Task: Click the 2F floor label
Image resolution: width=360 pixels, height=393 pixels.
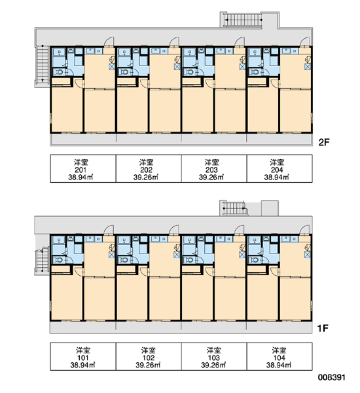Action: [323, 142]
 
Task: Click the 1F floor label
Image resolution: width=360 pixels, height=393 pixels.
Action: [323, 328]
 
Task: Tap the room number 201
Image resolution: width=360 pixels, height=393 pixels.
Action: [81, 170]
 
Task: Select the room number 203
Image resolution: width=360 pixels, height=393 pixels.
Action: [211, 170]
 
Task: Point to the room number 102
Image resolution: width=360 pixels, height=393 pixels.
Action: [149, 358]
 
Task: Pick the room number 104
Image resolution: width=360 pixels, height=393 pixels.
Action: [279, 358]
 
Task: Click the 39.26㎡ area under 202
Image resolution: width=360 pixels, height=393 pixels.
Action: [146, 178]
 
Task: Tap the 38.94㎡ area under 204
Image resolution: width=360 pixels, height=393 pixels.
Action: [277, 178]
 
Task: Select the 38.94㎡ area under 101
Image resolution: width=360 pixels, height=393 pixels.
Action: [82, 365]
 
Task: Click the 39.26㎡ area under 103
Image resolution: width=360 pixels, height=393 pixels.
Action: [213, 365]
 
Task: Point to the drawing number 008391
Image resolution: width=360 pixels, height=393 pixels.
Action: [332, 377]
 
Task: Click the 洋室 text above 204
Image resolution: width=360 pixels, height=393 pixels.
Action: [277, 162]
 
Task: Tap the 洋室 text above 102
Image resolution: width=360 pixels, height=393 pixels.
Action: [149, 350]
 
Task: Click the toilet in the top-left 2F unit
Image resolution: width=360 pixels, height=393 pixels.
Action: [59, 73]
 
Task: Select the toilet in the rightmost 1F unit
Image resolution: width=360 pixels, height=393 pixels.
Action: [255, 260]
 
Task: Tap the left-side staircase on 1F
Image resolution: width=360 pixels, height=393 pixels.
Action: [42, 260]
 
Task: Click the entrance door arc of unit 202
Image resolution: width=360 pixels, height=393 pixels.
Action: [175, 42]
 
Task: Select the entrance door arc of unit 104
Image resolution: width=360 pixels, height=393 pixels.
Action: [305, 230]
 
